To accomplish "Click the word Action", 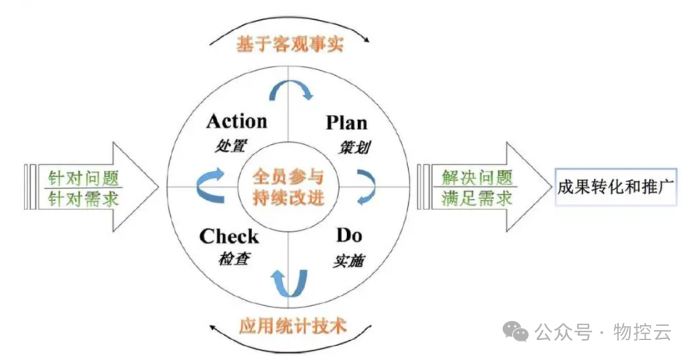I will click(236, 121).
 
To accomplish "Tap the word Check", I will click(229, 236).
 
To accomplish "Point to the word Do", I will click(349, 235).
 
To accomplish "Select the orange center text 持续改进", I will click(287, 197).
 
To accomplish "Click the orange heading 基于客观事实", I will click(290, 45).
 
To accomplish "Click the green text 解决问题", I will click(477, 177).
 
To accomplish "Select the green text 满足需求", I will click(477, 198).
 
